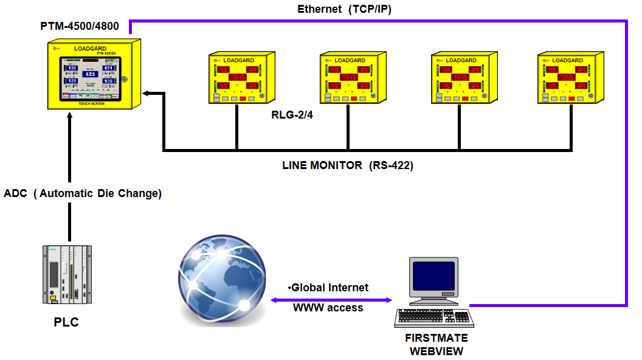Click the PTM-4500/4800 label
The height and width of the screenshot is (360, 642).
point(79,26)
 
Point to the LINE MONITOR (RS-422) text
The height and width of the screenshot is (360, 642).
point(347,165)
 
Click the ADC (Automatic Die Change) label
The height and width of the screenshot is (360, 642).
point(83,193)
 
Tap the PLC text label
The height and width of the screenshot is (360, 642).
point(66,322)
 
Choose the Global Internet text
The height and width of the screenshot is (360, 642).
point(328,287)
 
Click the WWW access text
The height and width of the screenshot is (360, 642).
point(328,308)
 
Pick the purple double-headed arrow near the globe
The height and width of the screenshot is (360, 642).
point(331,300)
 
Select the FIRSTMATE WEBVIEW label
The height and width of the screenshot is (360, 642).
point(437,344)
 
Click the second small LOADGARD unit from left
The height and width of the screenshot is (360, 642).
point(350,78)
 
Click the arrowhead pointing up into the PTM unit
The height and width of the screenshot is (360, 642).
point(70,116)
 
